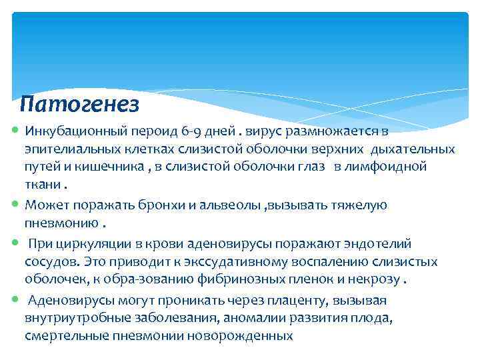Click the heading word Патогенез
pyautogui.click(x=79, y=103)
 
